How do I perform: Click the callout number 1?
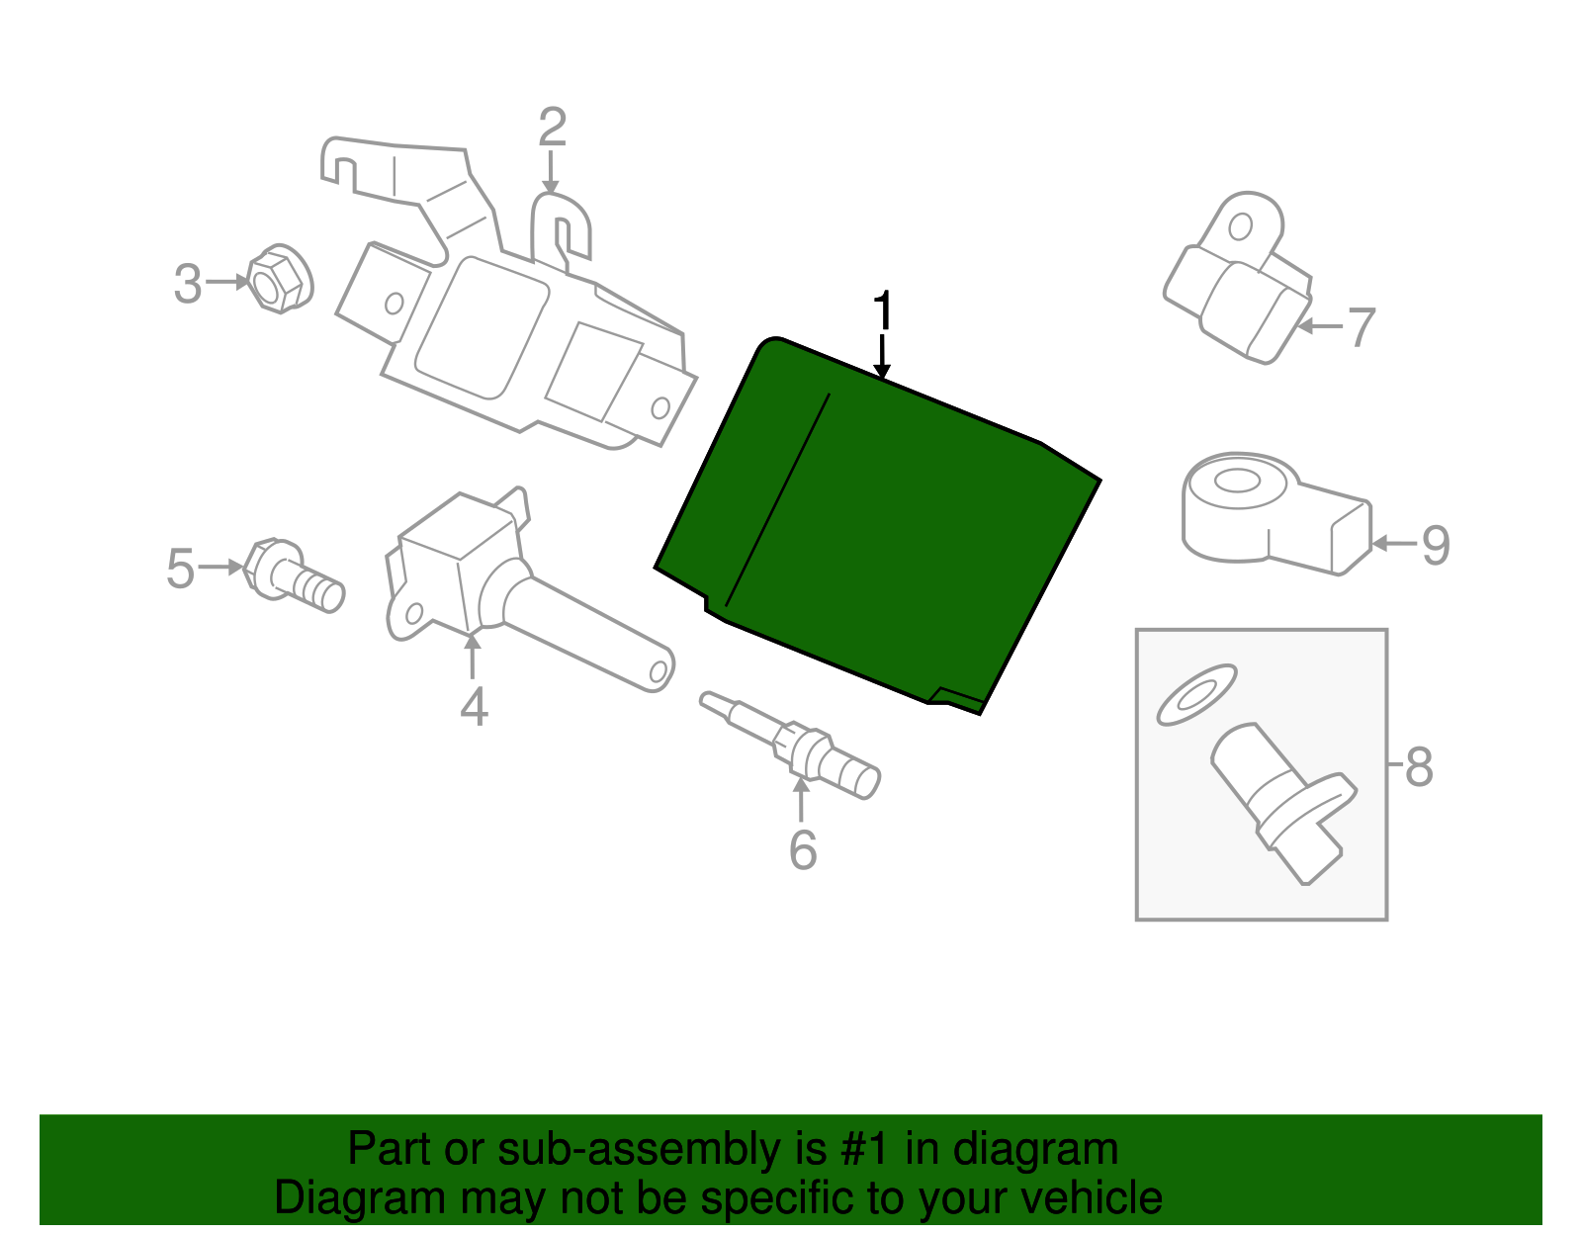pos(883,310)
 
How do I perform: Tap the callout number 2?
pos(553,127)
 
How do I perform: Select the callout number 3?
pos(188,283)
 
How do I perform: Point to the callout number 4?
pos(474,706)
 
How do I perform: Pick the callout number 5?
pos(181,569)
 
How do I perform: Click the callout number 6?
pos(803,849)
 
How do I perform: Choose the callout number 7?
pos(1362,327)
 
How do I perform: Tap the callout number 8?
pos(1419,767)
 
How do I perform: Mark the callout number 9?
pos(1437,545)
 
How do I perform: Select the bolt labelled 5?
pos(294,575)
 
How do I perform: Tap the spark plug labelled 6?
pos(791,746)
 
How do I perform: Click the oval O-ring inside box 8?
pos(1197,695)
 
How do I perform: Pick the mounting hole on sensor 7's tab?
pos(1240,227)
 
